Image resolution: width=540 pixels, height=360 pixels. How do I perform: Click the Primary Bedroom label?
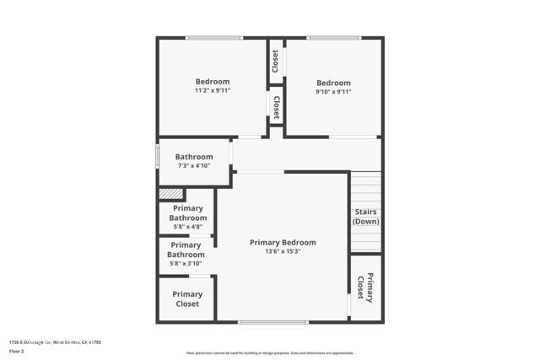283,242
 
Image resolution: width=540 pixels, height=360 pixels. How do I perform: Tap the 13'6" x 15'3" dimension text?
283,251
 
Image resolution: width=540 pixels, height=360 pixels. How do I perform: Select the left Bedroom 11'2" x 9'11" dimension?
213,90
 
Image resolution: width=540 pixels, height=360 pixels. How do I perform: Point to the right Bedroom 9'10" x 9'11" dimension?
333,91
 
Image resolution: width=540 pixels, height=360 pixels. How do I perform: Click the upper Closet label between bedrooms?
275,61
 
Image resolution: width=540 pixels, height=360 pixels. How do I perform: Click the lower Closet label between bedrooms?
276,106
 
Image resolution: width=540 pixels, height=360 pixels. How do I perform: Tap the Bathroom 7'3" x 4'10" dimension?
193,166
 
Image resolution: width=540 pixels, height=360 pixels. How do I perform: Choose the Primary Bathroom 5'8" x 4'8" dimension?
187,226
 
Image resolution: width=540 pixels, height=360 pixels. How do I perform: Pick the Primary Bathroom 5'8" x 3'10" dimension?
186,263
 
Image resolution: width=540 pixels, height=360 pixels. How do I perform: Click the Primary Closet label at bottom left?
187,299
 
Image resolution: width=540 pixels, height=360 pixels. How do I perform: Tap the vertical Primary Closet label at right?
364,287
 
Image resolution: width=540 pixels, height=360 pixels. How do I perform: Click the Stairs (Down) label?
365,217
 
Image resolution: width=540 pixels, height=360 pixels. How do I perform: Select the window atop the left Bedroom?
213,37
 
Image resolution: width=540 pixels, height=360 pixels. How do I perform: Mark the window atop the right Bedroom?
333,37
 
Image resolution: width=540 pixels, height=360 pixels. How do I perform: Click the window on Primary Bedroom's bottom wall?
273,322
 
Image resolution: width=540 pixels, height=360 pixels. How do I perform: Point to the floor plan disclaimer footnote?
270,353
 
